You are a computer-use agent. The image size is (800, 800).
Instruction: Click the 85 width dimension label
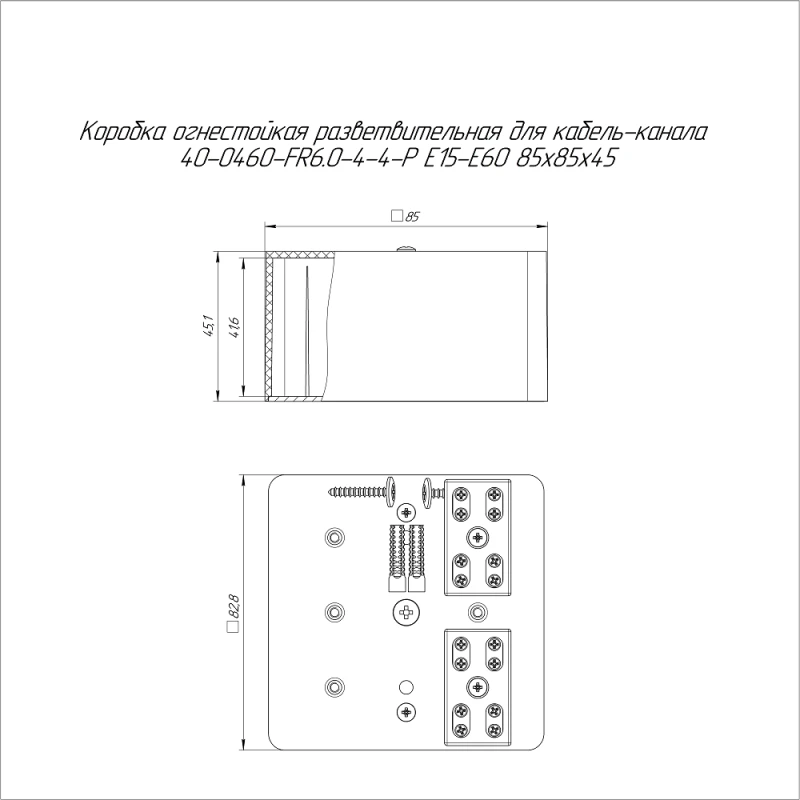(x=411, y=215)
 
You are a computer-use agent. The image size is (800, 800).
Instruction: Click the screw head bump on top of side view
(x=407, y=247)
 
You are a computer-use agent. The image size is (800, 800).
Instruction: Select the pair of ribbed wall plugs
(x=406, y=555)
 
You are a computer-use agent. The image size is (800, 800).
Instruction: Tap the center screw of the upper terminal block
(x=477, y=537)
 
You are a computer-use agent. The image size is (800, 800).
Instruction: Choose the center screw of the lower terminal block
(x=477, y=686)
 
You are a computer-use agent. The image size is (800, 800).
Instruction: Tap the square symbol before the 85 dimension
(x=396, y=215)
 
